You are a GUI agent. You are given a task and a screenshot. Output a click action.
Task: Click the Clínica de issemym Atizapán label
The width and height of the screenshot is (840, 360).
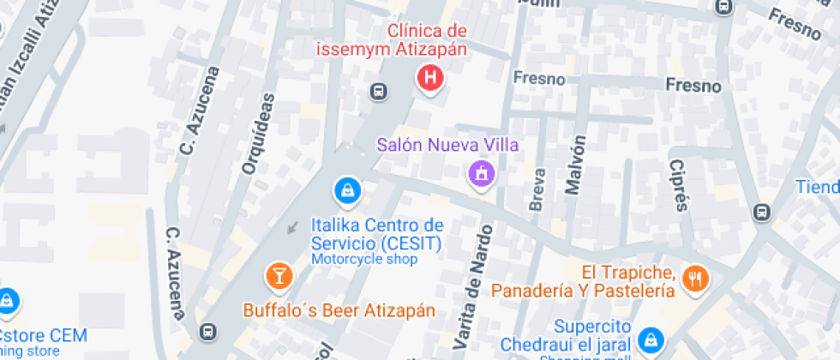pyautogui.click(x=428, y=40)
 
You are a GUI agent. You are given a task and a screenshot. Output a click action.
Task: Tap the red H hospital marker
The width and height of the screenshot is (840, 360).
pyautogui.click(x=429, y=79)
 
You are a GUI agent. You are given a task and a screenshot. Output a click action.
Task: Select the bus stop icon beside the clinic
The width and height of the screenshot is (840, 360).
pyautogui.click(x=378, y=90)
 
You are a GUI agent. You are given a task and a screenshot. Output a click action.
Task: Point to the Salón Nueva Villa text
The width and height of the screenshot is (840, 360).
pyautogui.click(x=448, y=144)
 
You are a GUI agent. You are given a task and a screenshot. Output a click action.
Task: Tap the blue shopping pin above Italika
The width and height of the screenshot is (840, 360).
pyautogui.click(x=346, y=189)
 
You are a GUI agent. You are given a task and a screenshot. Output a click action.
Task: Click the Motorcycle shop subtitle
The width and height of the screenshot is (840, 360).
pyautogui.click(x=363, y=259)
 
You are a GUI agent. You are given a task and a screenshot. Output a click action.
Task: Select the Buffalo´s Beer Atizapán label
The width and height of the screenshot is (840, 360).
pyautogui.click(x=339, y=310)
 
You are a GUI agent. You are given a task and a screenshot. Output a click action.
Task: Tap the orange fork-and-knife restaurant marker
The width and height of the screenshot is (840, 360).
pyautogui.click(x=695, y=277)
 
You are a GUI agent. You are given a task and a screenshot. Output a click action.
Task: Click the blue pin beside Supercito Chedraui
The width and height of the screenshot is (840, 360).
pyautogui.click(x=651, y=339)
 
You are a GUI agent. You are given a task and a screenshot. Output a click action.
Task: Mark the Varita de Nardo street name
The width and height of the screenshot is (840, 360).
pyautogui.click(x=477, y=285)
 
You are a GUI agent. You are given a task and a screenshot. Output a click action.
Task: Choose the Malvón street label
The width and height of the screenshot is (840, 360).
pyautogui.click(x=576, y=165)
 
